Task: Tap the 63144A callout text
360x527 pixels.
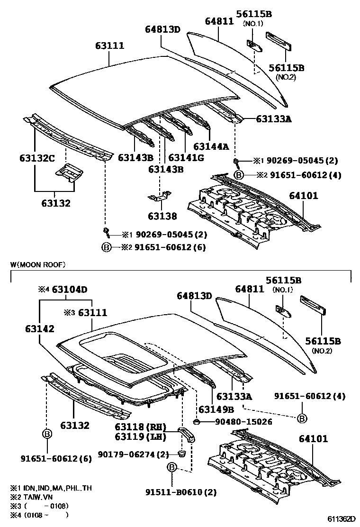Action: (x=211, y=146)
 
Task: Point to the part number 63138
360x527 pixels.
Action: (x=162, y=216)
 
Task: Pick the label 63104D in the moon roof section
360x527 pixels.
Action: (x=70, y=289)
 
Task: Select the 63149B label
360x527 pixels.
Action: (x=216, y=409)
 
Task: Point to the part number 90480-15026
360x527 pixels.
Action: (x=237, y=421)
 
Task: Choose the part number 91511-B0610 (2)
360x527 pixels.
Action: (x=181, y=492)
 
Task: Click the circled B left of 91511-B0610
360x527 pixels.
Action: (x=172, y=468)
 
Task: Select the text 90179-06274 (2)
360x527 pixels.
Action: (x=134, y=454)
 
